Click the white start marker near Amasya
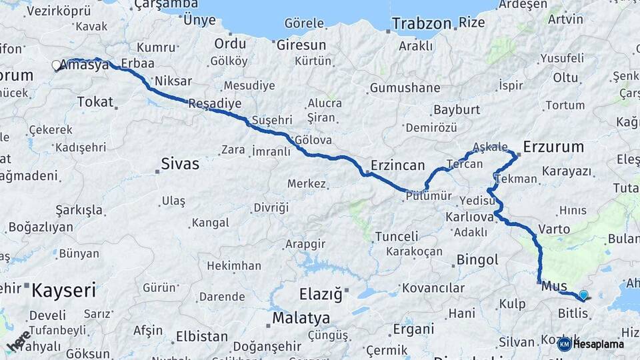[x=56, y=65]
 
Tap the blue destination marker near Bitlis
[x=583, y=295]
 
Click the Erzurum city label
[x=553, y=146]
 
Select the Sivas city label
[x=180, y=163]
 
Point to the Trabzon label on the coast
[x=421, y=23]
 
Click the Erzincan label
[x=398, y=165]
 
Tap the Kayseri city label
[x=64, y=290]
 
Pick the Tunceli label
[x=397, y=236]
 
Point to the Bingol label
[x=477, y=260]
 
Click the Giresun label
[x=302, y=45]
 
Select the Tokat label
[x=95, y=101]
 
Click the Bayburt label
[x=457, y=109]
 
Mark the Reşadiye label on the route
[x=214, y=103]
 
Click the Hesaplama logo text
[x=599, y=344]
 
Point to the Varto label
[x=554, y=229]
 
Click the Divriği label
[x=271, y=207]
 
